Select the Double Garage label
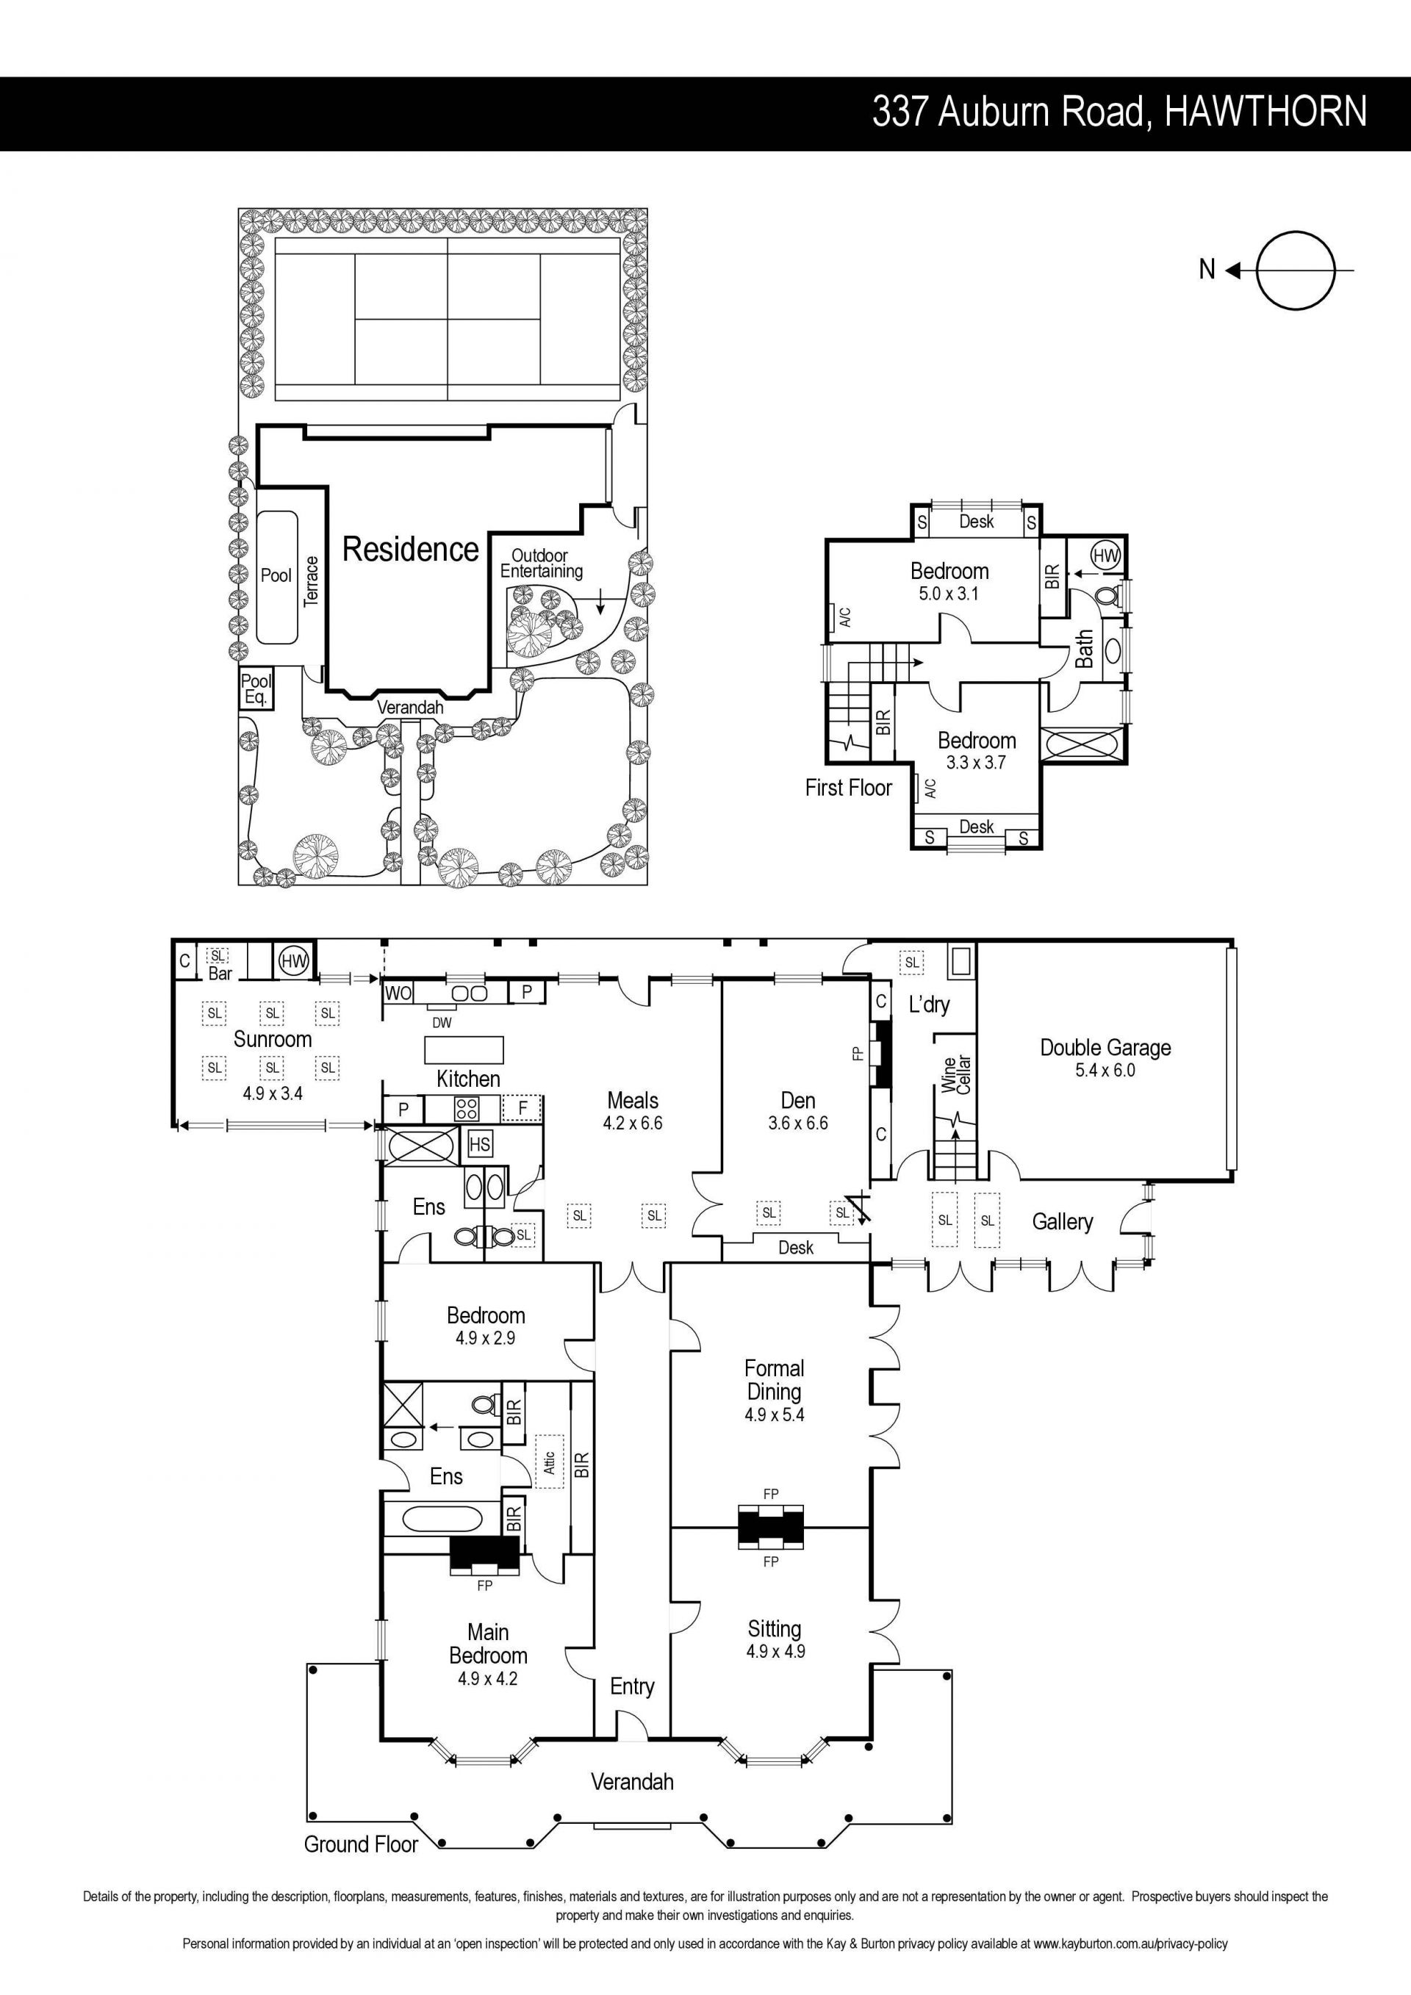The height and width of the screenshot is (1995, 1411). [x=1105, y=1048]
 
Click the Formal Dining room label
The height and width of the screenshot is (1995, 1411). [x=774, y=1380]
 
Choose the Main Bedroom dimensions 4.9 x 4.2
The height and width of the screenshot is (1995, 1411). [x=487, y=1679]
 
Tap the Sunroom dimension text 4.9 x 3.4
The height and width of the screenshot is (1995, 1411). [x=273, y=1093]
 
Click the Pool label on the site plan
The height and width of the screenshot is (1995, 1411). [x=276, y=575]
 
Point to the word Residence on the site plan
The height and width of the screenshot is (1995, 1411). [x=410, y=549]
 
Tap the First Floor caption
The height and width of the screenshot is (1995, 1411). [x=848, y=788]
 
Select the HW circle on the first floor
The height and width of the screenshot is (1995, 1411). [x=1105, y=554]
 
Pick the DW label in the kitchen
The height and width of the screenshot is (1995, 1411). [x=442, y=1023]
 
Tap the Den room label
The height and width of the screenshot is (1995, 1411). [x=797, y=1101]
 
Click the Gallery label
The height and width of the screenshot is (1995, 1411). [x=1062, y=1222]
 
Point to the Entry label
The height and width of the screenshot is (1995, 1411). [x=632, y=1686]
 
